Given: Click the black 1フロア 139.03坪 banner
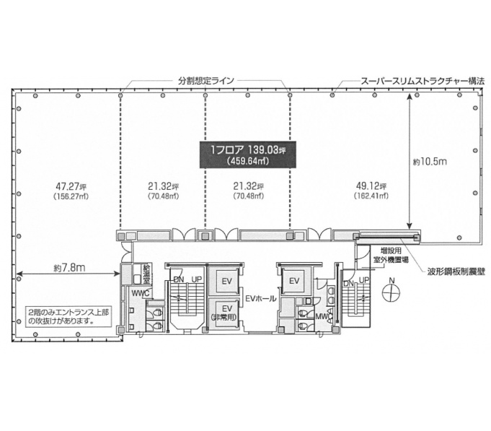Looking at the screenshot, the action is click(248, 154).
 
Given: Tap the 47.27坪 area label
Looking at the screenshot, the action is click(71, 186).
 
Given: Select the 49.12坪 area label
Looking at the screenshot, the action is click(371, 186).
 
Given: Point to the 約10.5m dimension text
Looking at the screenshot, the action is click(430, 162).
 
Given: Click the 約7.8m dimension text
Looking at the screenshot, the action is click(69, 268).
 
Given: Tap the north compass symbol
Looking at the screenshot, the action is click(391, 291).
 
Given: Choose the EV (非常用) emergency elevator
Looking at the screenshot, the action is click(224, 314).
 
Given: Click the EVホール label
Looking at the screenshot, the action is click(261, 299).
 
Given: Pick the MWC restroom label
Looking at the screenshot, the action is click(324, 316).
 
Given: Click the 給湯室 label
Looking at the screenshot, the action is click(146, 274).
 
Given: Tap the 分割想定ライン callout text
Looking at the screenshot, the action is click(206, 81).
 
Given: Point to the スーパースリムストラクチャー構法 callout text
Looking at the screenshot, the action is click(423, 81).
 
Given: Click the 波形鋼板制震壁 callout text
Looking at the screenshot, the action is click(456, 271).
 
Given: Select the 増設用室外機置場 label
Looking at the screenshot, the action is click(391, 255).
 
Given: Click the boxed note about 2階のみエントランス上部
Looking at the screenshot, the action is click(68, 317).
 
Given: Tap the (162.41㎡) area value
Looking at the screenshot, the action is click(371, 196).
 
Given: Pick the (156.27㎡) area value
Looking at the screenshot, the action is click(71, 196).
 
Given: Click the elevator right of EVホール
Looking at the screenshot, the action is click(294, 281).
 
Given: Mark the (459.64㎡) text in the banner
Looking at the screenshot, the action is click(248, 161).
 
